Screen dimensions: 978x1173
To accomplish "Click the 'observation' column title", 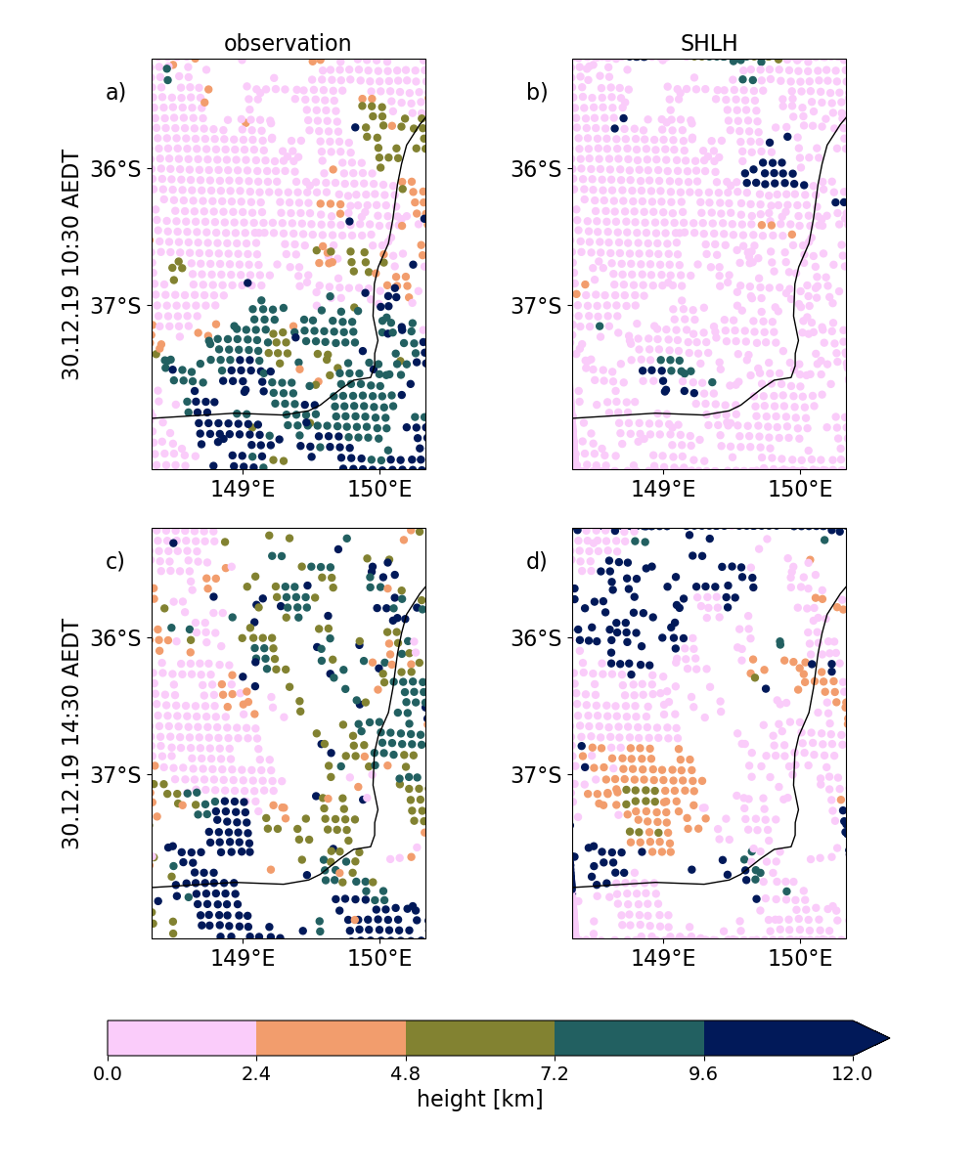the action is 288,43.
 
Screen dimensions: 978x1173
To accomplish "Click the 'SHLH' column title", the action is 709,43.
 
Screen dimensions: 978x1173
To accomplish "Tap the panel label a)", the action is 115,92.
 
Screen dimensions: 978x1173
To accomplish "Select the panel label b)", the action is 537,92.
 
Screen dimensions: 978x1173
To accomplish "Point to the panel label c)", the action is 114,561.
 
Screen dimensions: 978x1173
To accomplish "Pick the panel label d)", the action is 537,561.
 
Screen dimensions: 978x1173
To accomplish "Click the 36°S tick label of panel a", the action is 115,168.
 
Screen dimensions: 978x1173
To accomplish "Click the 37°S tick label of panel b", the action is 536,306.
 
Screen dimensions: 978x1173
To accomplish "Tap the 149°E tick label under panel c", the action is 243,958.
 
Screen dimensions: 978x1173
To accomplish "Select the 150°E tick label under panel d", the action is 800,958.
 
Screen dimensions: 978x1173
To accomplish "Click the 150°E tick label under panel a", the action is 379,489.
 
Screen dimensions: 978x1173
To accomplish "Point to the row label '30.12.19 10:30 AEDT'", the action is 70,265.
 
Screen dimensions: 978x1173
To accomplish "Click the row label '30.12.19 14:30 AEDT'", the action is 70,734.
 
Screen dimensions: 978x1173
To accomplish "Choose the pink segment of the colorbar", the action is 182,1038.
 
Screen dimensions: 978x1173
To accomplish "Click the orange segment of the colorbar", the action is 332,1038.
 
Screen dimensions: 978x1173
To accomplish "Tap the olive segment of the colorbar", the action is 480,1038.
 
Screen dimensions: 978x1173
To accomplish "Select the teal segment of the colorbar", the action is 630,1038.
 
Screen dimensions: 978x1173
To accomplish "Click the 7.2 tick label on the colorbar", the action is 555,1073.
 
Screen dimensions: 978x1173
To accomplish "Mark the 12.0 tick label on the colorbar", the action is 852,1073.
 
